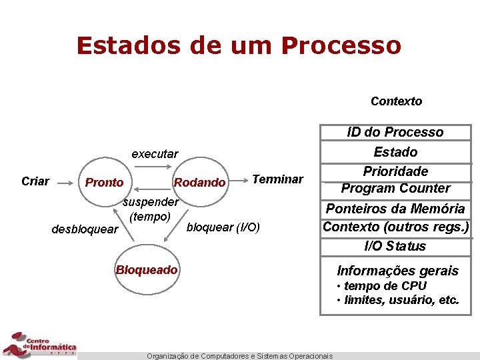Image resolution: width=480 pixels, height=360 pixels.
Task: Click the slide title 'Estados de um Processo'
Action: click(239, 45)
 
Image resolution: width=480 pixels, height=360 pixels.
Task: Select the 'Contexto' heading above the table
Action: click(396, 101)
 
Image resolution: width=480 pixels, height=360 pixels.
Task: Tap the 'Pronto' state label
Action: click(104, 183)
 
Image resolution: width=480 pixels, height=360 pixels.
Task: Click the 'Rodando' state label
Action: click(199, 183)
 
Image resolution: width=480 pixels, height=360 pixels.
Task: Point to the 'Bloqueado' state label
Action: click(147, 270)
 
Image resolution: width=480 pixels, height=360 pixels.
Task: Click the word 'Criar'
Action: click(35, 181)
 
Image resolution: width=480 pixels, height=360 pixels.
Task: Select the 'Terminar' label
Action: click(277, 179)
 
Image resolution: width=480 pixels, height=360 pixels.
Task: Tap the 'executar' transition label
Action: click(155, 154)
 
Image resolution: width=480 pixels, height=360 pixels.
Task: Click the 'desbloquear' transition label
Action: click(85, 230)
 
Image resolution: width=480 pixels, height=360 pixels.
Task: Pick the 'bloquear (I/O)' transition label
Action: click(223, 227)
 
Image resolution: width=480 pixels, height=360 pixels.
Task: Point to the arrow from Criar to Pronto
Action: click(65, 181)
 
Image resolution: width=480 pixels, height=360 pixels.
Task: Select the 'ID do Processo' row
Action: click(395, 132)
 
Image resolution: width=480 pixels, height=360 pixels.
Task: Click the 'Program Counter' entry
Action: click(395, 189)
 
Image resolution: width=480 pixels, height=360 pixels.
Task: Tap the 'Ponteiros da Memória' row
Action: click(395, 209)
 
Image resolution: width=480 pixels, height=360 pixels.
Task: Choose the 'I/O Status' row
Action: click(395, 246)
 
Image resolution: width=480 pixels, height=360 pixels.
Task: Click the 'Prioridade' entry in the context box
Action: click(395, 171)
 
